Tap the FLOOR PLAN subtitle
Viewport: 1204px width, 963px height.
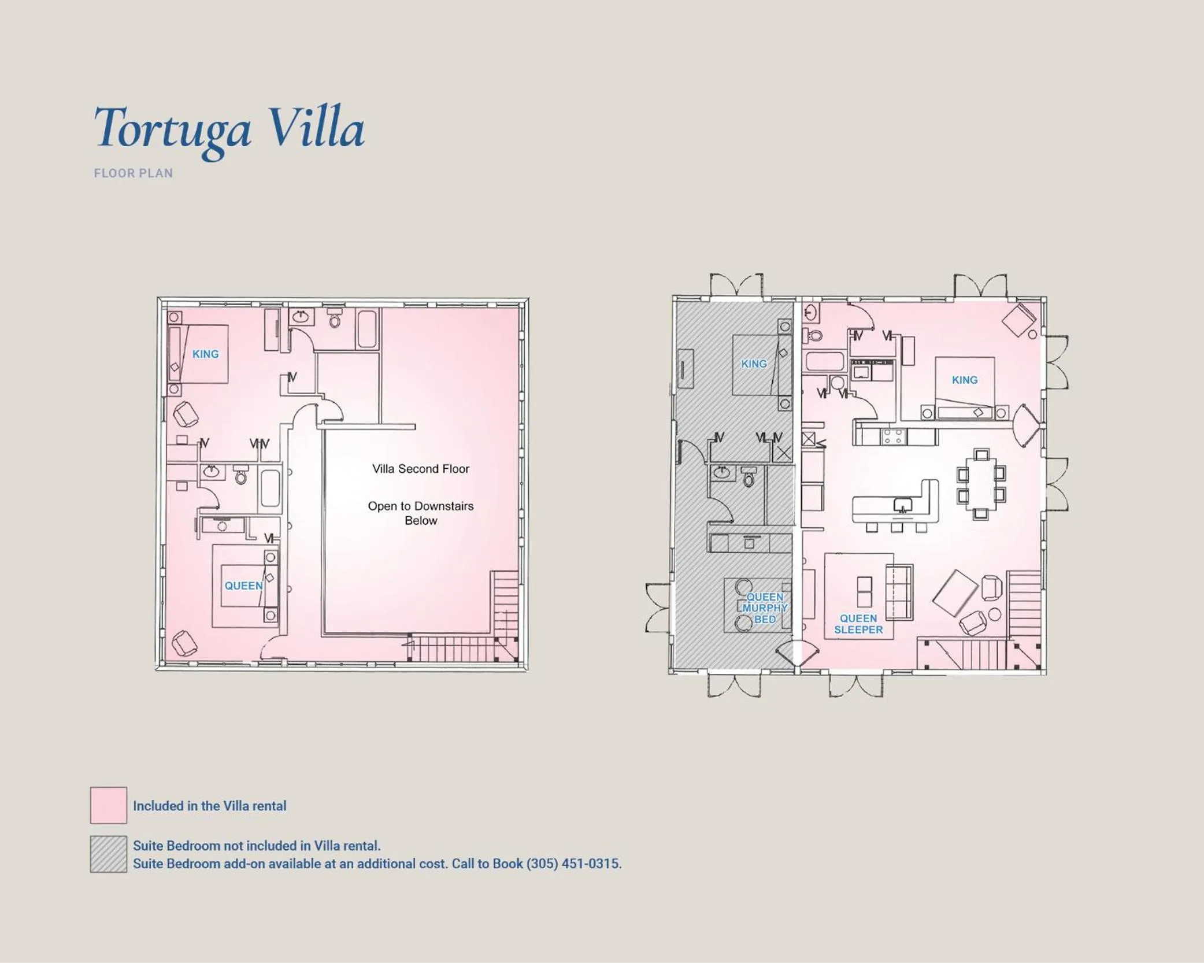click(x=134, y=173)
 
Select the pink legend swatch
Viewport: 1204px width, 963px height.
click(x=108, y=805)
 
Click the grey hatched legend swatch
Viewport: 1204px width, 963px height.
click(x=108, y=854)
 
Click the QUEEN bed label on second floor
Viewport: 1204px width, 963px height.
click(x=243, y=586)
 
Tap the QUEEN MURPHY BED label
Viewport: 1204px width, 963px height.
click(x=764, y=608)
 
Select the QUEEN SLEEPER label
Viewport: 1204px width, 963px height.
click(x=858, y=624)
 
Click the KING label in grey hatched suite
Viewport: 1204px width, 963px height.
click(x=754, y=364)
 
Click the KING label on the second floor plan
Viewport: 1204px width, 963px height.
click(x=205, y=354)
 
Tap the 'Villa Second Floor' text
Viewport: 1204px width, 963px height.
click(x=420, y=469)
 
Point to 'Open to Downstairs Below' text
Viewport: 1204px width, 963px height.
click(x=420, y=513)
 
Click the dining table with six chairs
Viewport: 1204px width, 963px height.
click(x=981, y=484)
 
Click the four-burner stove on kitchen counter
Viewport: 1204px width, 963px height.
click(x=894, y=436)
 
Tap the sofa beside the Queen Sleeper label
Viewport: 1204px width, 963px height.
click(x=899, y=592)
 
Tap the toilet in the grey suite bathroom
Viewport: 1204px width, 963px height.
click(x=749, y=477)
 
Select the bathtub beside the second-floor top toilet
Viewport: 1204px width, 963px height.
click(x=367, y=328)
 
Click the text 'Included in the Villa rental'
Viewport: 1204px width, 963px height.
click(x=209, y=806)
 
